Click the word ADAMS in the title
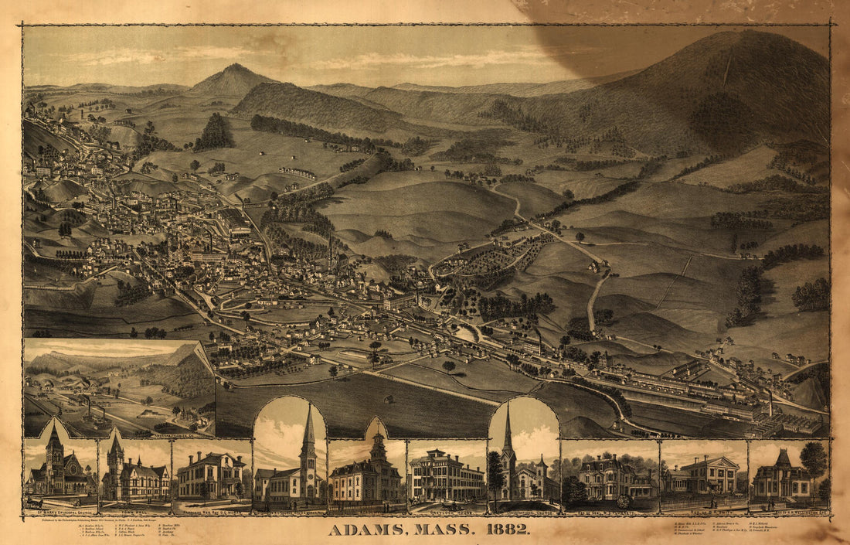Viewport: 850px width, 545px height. point(369,530)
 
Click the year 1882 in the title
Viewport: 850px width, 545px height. point(506,530)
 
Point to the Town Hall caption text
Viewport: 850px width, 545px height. point(134,511)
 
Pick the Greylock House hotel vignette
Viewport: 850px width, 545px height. point(446,473)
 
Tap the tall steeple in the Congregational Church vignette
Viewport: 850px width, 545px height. point(508,437)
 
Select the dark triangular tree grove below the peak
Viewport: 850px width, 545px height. point(214,134)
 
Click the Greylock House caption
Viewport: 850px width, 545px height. point(446,511)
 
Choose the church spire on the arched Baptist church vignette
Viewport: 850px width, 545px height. point(308,433)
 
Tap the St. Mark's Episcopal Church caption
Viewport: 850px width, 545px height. point(59,511)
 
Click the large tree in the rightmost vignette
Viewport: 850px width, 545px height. point(813,460)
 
